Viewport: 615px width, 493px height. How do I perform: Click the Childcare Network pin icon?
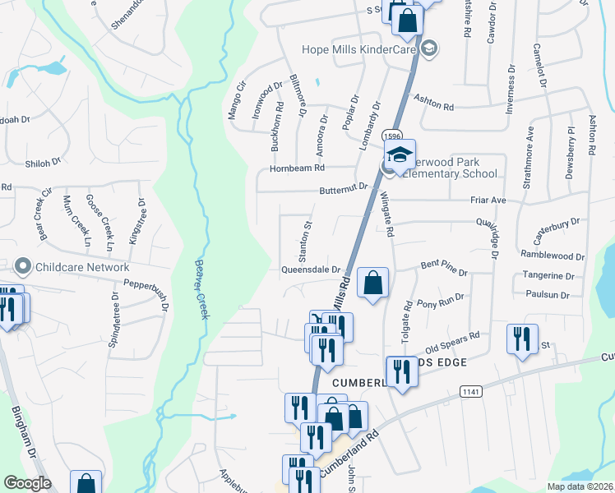pyautogui.click(x=22, y=266)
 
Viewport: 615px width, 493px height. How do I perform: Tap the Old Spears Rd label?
pyautogui.click(x=452, y=339)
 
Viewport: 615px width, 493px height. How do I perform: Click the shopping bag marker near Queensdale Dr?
pyautogui.click(x=372, y=282)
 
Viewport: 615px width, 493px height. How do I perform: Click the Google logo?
pyautogui.click(x=27, y=483)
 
